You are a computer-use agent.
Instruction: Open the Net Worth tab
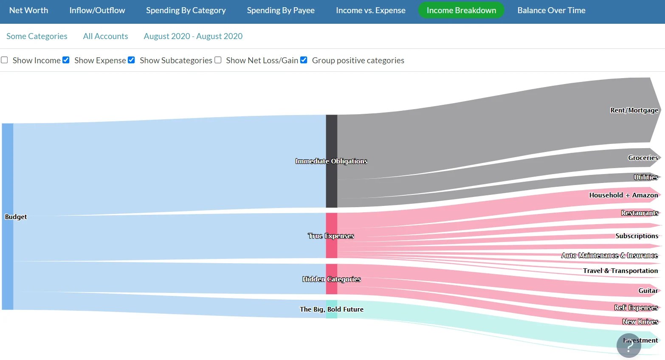(28, 10)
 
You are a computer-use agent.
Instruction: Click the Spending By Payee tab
(281, 10)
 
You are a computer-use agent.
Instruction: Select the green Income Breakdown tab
(461, 10)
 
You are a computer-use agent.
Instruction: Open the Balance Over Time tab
(551, 10)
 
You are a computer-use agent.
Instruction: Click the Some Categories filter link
(37, 36)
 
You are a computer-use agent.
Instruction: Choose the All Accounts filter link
(105, 36)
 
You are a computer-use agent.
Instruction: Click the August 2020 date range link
(193, 36)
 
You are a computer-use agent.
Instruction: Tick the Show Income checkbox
(5, 60)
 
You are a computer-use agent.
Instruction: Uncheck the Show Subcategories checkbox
(131, 60)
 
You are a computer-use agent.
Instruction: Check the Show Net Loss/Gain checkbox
(218, 60)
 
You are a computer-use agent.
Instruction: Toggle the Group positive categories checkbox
(304, 60)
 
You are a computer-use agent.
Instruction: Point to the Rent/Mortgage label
(634, 110)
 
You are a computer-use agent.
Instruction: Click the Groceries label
(642, 158)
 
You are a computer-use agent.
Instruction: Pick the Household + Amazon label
(623, 195)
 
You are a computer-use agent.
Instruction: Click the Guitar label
(648, 291)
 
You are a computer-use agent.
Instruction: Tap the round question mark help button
(628, 346)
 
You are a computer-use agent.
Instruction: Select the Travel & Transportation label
(620, 271)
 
